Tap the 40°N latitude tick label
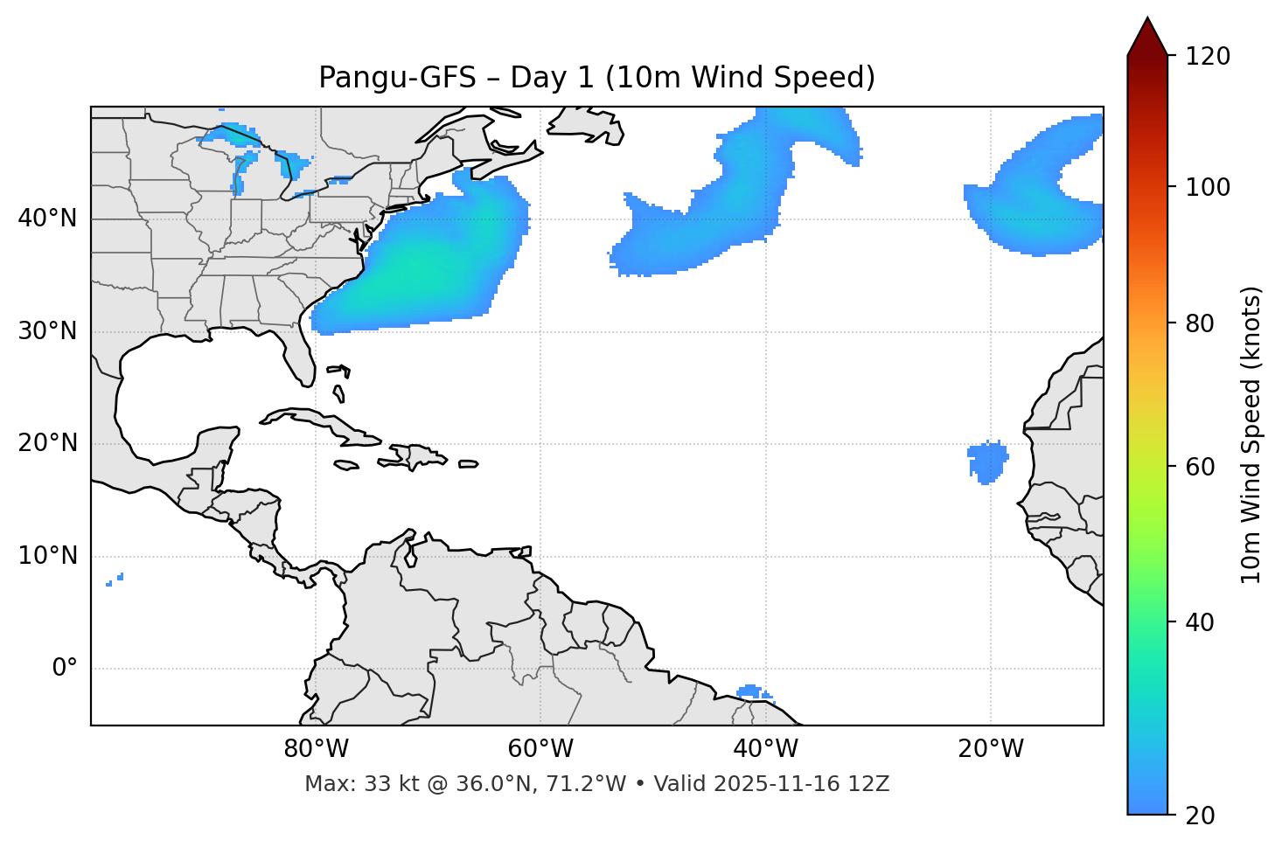47,219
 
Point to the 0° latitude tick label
65,669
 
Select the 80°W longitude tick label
316,749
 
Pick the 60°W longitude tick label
540,749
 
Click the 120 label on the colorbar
1209,57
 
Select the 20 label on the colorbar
1201,815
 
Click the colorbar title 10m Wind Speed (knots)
1251,434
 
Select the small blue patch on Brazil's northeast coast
751,691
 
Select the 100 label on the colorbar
1209,187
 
